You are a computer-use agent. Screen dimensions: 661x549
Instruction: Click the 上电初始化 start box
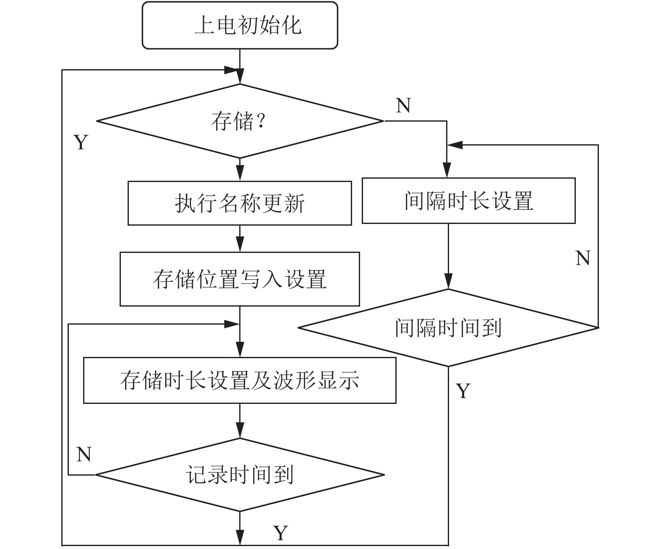pyautogui.click(x=240, y=25)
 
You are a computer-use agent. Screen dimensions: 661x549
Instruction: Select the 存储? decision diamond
pyautogui.click(x=240, y=121)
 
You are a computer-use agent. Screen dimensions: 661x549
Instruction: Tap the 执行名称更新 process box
pyautogui.click(x=240, y=203)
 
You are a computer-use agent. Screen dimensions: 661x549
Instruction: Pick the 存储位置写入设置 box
pyautogui.click(x=240, y=279)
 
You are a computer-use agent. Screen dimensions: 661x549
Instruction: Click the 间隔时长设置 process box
pyautogui.click(x=468, y=200)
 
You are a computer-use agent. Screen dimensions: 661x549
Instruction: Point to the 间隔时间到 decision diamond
pyautogui.click(x=448, y=328)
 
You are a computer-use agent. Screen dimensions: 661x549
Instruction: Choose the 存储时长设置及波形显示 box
pyautogui.click(x=240, y=380)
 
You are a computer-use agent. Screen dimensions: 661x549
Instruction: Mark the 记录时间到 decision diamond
pyautogui.click(x=240, y=475)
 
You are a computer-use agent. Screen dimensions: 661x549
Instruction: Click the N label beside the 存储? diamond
pyautogui.click(x=403, y=105)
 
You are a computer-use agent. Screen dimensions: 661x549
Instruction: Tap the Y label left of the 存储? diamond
pyautogui.click(x=81, y=142)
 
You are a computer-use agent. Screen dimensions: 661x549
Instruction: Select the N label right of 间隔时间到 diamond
pyautogui.click(x=583, y=258)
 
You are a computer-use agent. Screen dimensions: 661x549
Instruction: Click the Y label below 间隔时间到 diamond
pyautogui.click(x=463, y=391)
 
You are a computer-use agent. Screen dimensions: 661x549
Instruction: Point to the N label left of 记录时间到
pyautogui.click(x=84, y=454)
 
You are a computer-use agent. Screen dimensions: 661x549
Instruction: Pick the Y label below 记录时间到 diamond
pyautogui.click(x=281, y=533)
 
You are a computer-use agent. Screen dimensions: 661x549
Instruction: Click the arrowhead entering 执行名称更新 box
pyautogui.click(x=240, y=173)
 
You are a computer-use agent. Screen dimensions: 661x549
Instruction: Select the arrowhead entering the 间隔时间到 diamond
pyautogui.click(x=448, y=281)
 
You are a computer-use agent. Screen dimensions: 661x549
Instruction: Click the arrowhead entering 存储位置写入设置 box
pyautogui.click(x=240, y=244)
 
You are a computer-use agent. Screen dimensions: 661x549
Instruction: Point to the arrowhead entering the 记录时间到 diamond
pyautogui.click(x=240, y=430)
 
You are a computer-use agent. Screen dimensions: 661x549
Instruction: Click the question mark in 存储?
pyautogui.click(x=261, y=120)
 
